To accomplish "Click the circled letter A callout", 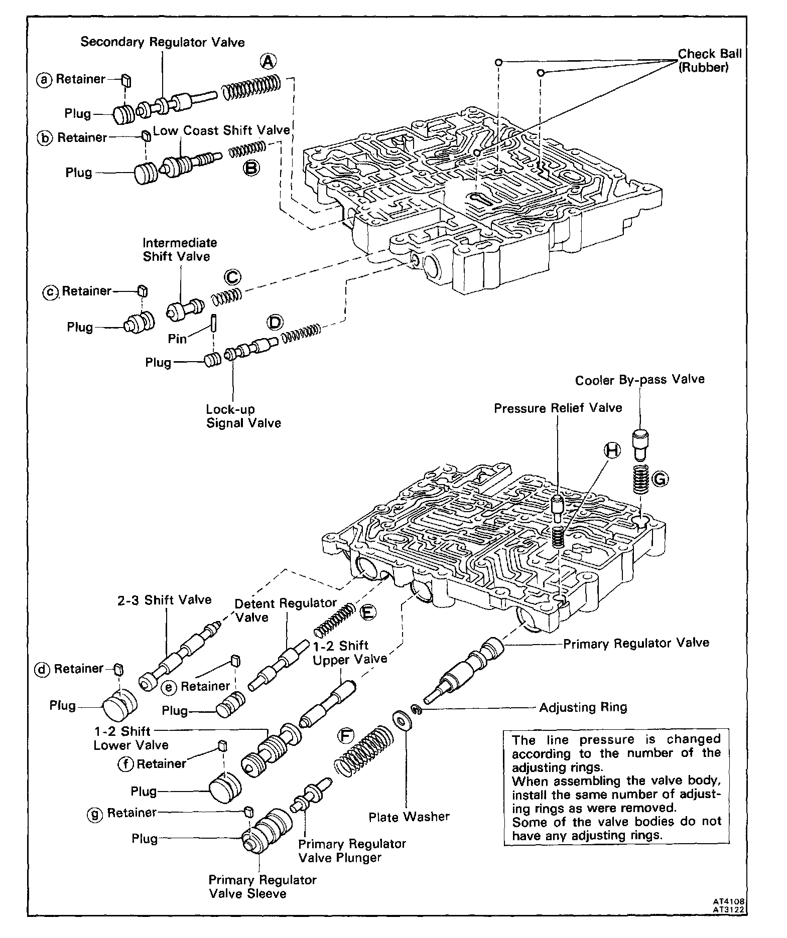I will (x=268, y=62).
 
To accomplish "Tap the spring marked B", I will (x=247, y=149).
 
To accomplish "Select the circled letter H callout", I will (x=612, y=450).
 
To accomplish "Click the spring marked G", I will (x=638, y=479).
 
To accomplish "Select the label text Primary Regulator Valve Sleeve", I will (x=263, y=886).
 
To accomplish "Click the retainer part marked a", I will (x=126, y=79).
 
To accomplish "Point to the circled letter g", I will (x=94, y=813).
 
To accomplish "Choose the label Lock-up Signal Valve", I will (x=243, y=416).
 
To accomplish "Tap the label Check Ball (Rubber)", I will (x=709, y=60).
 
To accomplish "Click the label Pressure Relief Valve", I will (x=558, y=408).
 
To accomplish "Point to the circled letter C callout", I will (x=232, y=277).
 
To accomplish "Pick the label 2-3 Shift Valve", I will (x=165, y=599).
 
